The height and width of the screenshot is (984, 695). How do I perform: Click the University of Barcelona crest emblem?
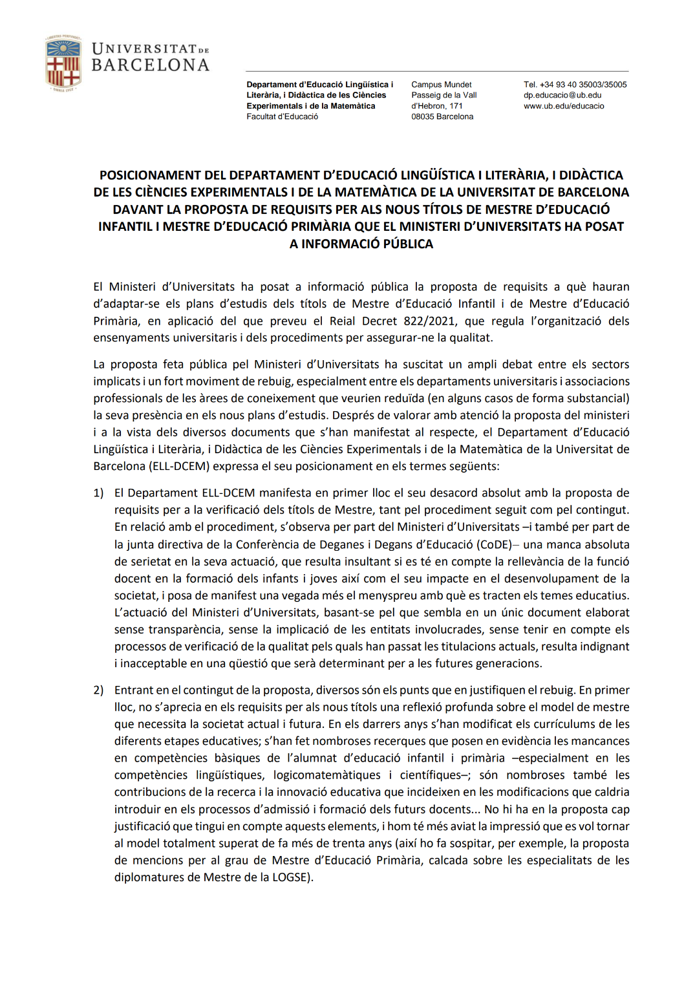pyautogui.click(x=63, y=63)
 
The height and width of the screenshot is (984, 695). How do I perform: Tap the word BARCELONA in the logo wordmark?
pyautogui.click(x=150, y=65)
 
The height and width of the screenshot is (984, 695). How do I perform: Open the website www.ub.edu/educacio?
pyautogui.click(x=564, y=106)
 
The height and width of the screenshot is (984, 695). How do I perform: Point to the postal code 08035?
pyautogui.click(x=424, y=117)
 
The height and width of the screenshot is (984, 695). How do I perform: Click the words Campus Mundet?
pyautogui.click(x=441, y=85)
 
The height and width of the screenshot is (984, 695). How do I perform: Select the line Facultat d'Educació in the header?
pyautogui.click(x=282, y=117)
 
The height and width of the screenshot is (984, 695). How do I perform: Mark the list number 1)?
pyautogui.click(x=98, y=493)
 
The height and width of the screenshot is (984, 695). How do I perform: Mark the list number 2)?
pyautogui.click(x=98, y=690)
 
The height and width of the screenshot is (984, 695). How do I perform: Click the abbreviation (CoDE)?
pyautogui.click(x=494, y=545)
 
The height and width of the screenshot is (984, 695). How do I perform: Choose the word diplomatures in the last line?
pyautogui.click(x=157, y=878)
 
